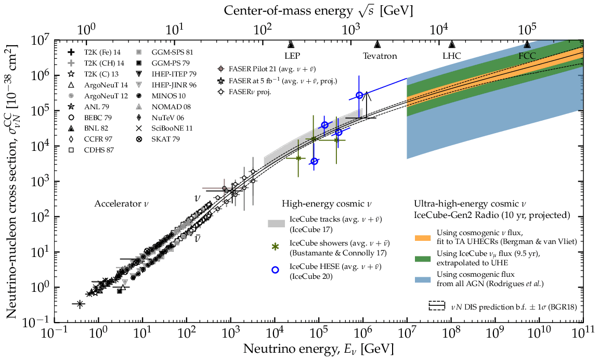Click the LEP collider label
pos(292,56)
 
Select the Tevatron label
pos(380,56)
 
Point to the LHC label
pos(451,56)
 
